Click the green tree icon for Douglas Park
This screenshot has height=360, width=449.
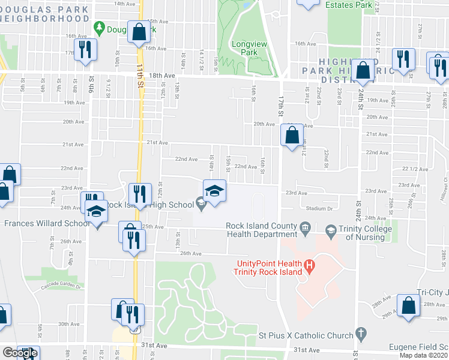[100, 28]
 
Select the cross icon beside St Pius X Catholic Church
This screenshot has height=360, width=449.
[361, 332]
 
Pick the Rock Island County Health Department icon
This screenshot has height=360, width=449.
[305, 228]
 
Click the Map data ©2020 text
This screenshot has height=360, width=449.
[424, 355]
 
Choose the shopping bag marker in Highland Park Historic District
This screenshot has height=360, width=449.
[363, 70]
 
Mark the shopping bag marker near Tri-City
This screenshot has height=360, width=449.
[408, 305]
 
